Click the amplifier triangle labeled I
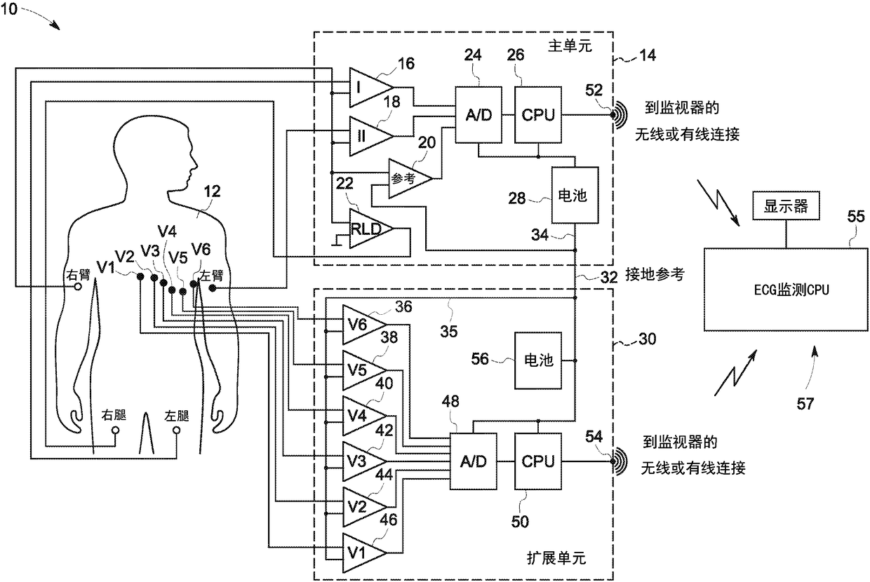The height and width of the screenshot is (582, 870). (x=366, y=87)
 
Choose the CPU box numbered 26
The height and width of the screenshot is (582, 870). (x=537, y=114)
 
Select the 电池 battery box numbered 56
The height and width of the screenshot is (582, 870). (x=538, y=361)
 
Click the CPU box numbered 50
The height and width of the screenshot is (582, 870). (x=537, y=461)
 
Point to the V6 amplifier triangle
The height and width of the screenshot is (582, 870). (x=361, y=323)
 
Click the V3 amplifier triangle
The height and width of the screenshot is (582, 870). (x=361, y=461)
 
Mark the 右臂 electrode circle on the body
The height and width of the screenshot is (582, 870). (x=78, y=287)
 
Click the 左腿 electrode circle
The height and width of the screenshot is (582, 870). (x=176, y=429)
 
